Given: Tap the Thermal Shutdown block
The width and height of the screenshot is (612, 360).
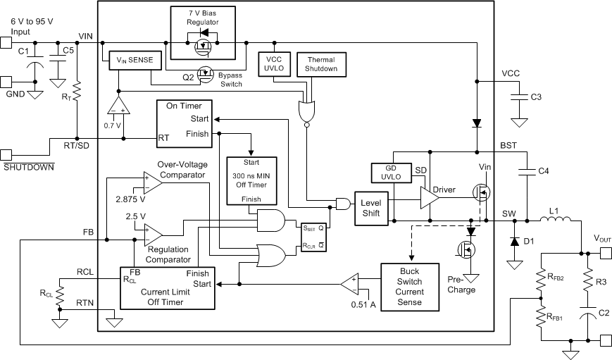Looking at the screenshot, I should [320, 64].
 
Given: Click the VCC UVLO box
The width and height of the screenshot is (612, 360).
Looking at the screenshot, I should [274, 64].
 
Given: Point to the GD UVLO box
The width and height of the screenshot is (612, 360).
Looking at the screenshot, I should [386, 172].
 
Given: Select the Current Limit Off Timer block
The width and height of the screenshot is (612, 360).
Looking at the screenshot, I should [167, 287].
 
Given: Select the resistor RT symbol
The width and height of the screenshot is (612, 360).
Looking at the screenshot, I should [77, 91].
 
